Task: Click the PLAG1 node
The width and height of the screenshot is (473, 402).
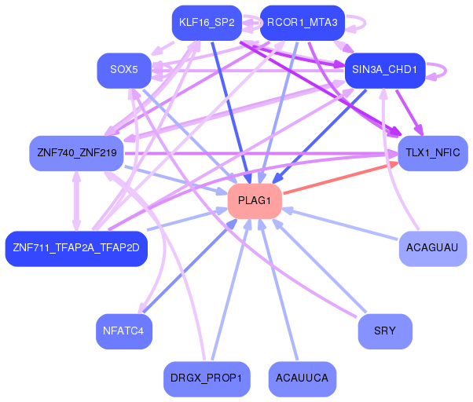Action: pos(255,202)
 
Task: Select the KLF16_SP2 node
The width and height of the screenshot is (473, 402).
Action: pos(207,22)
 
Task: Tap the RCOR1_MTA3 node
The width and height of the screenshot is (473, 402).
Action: pos(302,22)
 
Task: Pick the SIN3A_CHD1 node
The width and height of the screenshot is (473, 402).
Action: pos(384,70)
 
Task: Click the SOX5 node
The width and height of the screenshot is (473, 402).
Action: pos(124,70)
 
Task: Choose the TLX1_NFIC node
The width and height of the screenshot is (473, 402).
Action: pos(433,153)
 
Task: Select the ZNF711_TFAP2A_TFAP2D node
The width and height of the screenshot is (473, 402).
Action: pos(75,248)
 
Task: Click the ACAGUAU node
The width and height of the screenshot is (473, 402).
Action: pos(432,248)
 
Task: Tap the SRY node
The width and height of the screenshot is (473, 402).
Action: pos(385,331)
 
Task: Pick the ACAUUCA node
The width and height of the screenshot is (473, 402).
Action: pos(302,378)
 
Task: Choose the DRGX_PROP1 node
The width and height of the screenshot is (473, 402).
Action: pos(207,378)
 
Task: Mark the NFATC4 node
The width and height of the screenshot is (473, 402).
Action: pos(124,331)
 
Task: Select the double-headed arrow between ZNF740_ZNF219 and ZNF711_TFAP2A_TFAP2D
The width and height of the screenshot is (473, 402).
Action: pos(76,200)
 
